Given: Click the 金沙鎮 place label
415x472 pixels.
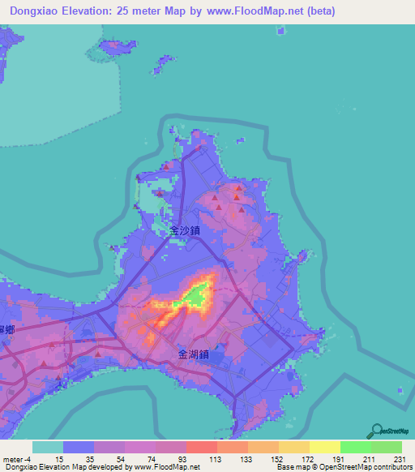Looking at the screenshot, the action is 185,230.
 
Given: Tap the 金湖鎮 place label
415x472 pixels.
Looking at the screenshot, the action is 194,354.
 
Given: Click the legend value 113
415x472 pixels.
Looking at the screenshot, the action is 216,459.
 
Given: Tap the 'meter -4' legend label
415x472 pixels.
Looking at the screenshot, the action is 17,459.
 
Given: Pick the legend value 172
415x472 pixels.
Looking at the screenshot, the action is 309,459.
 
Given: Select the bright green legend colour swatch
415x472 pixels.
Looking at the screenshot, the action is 355,447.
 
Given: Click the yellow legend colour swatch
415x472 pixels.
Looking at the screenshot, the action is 324,447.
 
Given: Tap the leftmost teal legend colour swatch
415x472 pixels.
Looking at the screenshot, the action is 47,447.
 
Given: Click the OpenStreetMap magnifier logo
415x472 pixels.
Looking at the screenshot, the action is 378,431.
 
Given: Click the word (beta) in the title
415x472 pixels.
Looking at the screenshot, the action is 317,11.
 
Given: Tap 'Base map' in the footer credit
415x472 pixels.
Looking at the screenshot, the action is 291,467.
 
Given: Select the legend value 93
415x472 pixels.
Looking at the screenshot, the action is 186,459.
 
